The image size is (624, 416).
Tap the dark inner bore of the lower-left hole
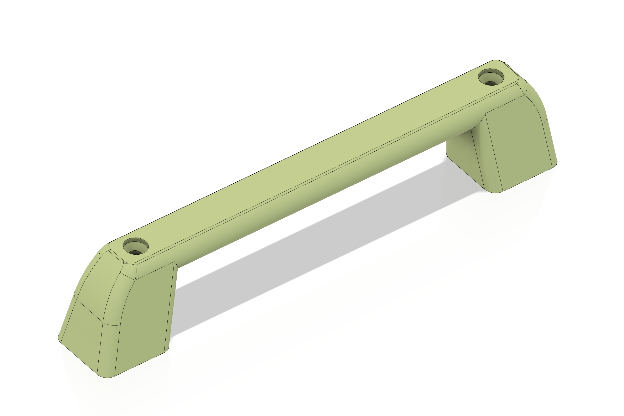coord(135,252)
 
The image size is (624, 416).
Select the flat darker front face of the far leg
coord(520,143)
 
